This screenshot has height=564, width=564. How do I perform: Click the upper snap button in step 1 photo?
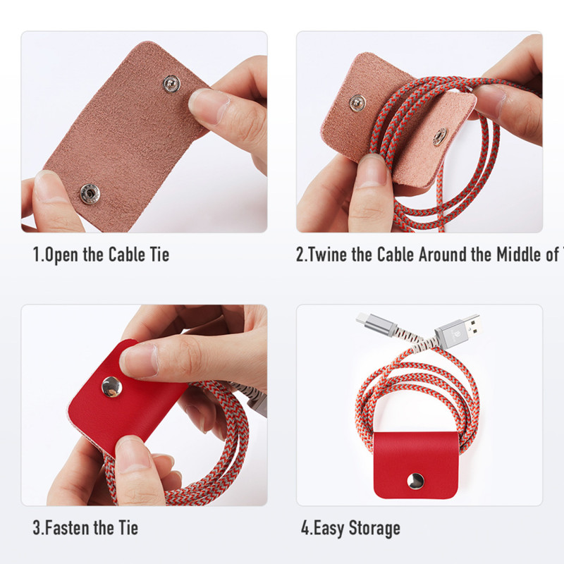170,85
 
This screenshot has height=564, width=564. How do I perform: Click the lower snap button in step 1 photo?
89,192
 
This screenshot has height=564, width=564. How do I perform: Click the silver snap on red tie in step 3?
111,385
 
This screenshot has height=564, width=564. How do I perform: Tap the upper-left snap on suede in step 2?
357,102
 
